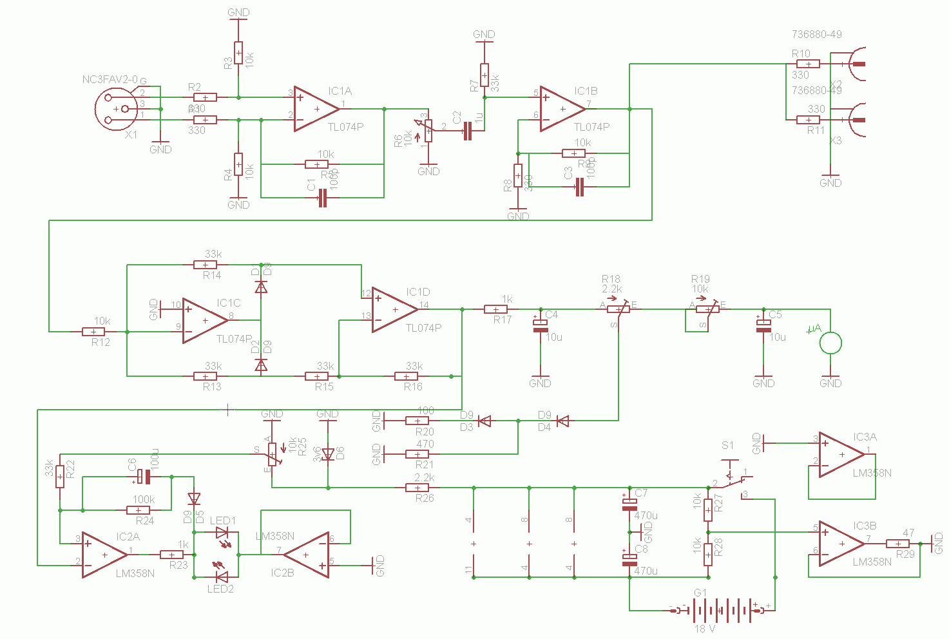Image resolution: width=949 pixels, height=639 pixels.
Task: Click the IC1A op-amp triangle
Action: (x=316, y=109)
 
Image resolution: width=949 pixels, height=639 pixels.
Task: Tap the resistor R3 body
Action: (x=238, y=53)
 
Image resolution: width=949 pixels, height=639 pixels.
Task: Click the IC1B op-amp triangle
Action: (x=561, y=109)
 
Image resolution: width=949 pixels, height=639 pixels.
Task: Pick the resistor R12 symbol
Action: (x=93, y=332)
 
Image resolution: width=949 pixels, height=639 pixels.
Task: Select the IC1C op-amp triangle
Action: (x=204, y=320)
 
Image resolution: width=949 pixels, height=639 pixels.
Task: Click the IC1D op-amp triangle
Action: (x=394, y=310)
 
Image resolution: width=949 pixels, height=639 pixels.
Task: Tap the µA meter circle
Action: (x=830, y=343)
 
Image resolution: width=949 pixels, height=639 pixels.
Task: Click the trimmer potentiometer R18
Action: (x=618, y=309)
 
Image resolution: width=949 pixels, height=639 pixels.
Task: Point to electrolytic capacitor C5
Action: (x=763, y=326)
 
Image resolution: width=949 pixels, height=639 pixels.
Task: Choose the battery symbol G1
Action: (x=719, y=610)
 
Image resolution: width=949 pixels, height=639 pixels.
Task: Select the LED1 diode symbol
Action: (x=222, y=533)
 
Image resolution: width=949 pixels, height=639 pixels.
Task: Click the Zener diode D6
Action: (x=328, y=455)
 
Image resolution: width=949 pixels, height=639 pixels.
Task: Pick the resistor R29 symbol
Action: (x=897, y=544)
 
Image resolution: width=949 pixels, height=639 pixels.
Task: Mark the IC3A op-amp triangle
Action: (x=840, y=455)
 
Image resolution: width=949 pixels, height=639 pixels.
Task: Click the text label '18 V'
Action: (x=704, y=629)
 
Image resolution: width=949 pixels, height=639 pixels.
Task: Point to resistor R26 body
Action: (x=417, y=488)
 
